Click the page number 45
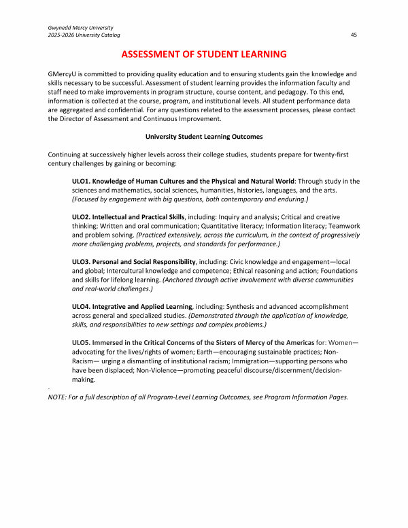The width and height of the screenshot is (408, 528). pyautogui.click(x=354, y=34)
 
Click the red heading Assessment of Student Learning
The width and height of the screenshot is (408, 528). pyautogui.click(x=204, y=54)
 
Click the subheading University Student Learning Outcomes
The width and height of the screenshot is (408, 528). pyautogui.click(x=204, y=136)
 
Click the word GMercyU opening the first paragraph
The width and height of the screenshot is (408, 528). pyautogui.click(x=63, y=73)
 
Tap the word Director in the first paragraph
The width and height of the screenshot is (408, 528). pyautogui.click(x=75, y=118)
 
